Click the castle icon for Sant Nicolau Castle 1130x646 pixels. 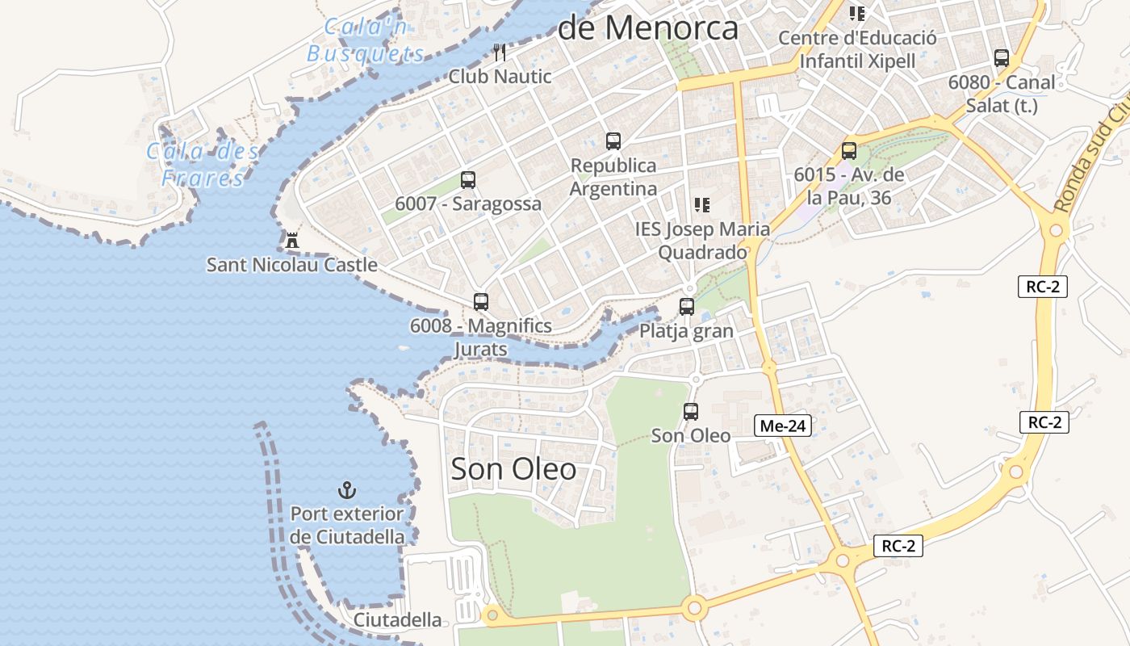(291, 240)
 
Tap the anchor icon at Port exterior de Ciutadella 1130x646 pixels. (347, 489)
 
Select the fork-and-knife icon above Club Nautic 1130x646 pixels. (500, 52)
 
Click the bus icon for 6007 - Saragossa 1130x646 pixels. (468, 180)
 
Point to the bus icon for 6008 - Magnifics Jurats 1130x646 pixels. (481, 302)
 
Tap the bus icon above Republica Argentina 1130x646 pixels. (613, 141)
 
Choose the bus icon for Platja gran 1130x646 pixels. (687, 307)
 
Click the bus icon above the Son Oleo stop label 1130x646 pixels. (691, 412)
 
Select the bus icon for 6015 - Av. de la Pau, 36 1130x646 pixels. (849, 151)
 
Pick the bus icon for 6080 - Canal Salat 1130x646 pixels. (1002, 58)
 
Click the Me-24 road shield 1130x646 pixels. (783, 426)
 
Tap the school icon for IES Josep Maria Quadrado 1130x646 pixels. (702, 205)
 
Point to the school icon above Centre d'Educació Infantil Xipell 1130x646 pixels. (857, 14)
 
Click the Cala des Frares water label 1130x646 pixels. (203, 165)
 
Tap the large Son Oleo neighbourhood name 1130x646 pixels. (513, 468)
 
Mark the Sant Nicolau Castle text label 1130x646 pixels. (292, 265)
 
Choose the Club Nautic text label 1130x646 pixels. (500, 77)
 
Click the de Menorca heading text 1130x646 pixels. (648, 28)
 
